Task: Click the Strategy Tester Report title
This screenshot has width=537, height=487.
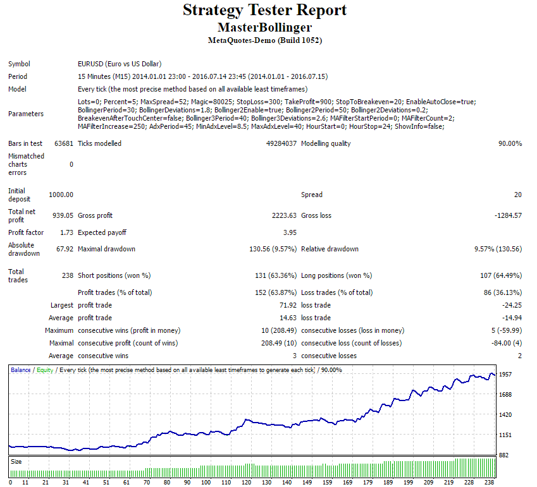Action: (264, 11)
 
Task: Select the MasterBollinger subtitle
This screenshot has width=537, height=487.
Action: (264, 28)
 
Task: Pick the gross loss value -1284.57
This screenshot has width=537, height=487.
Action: (507, 215)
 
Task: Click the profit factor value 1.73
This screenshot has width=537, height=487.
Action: (67, 232)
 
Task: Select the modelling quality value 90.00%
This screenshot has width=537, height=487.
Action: (510, 143)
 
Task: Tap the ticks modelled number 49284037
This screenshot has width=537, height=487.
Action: (281, 143)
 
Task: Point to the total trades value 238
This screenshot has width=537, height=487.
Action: (67, 275)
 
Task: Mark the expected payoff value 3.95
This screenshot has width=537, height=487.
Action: (290, 232)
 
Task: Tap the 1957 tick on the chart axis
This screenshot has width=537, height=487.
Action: (506, 375)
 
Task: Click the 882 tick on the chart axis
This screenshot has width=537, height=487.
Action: (504, 455)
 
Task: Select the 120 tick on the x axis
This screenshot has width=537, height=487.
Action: (226, 482)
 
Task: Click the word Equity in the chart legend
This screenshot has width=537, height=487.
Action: (45, 370)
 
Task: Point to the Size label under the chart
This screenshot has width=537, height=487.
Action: (16, 462)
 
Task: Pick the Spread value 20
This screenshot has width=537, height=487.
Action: (518, 195)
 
